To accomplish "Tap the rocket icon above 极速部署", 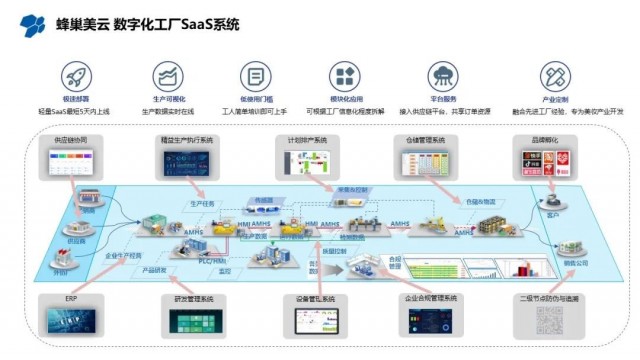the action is point(73,76).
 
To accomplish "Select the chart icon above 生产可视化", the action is point(167,76).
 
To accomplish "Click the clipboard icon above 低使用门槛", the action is point(256,77).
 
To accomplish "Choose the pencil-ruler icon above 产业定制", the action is point(555,77).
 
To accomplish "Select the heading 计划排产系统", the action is point(306,141).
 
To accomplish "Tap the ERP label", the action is point(73,297).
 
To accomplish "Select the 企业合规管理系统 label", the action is point(431,297).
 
